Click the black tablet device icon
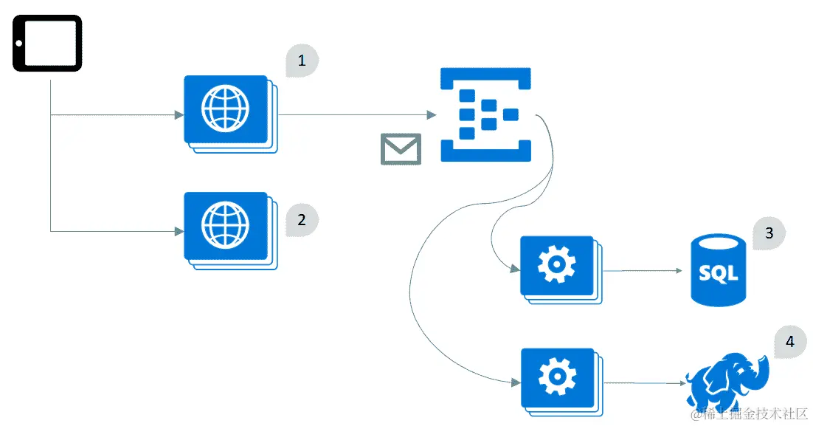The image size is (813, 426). [47, 44]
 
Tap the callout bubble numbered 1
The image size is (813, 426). [302, 61]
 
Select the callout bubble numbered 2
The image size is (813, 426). [301, 220]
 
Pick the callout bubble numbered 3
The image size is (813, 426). [769, 233]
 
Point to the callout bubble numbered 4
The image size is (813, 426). [790, 342]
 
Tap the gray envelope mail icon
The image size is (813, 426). [401, 149]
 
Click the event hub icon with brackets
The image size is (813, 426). [485, 114]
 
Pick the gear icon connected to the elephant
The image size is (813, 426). [556, 378]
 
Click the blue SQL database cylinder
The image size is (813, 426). [718, 269]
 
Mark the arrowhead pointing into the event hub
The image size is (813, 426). [431, 115]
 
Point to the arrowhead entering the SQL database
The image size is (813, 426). [679, 271]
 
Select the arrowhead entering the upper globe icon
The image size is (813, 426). [179, 115]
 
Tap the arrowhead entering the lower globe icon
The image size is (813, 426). [179, 231]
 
